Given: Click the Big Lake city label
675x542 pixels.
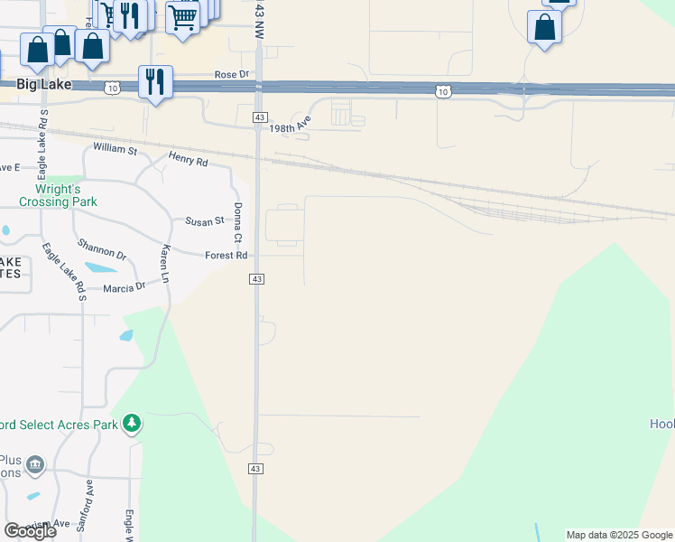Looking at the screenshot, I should click(43, 83).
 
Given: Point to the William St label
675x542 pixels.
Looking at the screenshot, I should click(115, 147).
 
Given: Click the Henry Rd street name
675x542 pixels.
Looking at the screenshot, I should click(189, 161).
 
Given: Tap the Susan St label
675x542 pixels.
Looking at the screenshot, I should click(204, 221).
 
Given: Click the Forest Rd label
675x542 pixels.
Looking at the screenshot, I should click(226, 256).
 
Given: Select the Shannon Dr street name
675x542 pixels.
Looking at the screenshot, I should click(101, 250).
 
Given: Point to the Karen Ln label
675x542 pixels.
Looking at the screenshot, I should click(165, 262).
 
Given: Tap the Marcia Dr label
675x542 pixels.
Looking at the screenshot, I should click(124, 287).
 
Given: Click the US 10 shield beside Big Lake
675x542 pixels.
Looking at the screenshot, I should click(111, 88).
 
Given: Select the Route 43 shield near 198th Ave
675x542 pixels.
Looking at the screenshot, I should click(259, 118).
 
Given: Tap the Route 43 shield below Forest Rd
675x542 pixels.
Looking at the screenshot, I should click(257, 280).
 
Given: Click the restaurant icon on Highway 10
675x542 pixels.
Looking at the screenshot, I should click(155, 82).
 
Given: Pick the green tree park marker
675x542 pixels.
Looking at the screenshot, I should click(132, 423).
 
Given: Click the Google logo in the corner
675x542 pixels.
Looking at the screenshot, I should click(30, 530).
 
